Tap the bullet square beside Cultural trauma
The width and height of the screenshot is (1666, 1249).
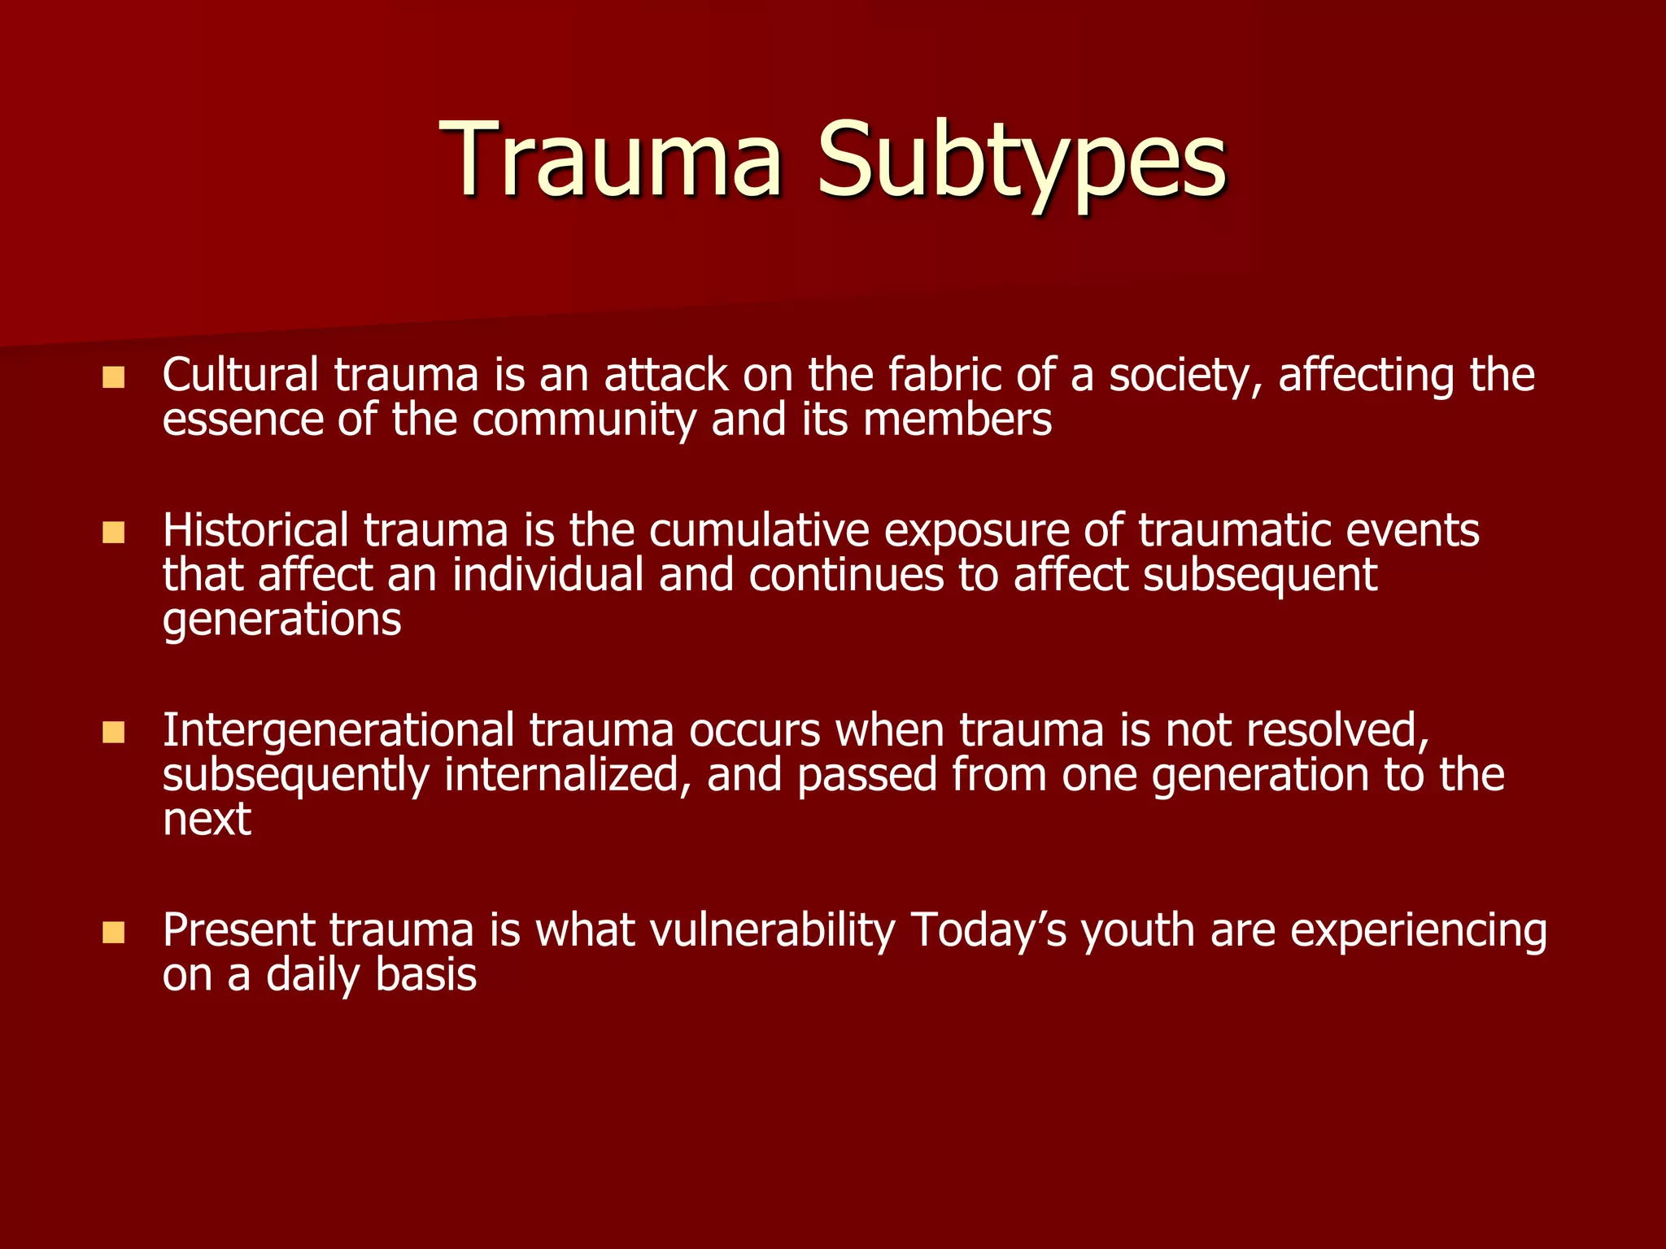(x=114, y=377)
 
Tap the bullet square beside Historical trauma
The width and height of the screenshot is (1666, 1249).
(x=114, y=533)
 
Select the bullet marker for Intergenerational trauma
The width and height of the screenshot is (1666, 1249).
(x=114, y=733)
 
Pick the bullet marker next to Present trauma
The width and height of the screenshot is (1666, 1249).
(x=114, y=933)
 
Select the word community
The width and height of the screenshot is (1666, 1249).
(x=583, y=421)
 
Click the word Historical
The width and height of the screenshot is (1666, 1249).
(x=255, y=531)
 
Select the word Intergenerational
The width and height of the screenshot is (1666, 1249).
(x=338, y=731)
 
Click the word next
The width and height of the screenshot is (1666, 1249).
(x=207, y=820)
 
